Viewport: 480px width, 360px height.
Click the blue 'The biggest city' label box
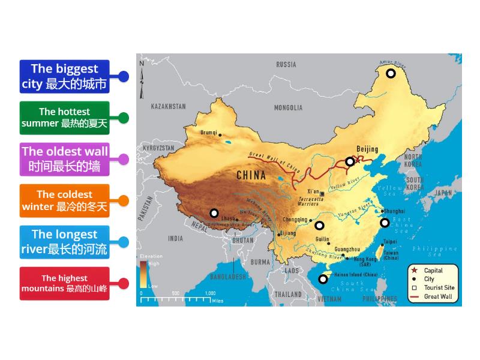tap(64, 76)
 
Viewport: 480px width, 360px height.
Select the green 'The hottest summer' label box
tap(64, 118)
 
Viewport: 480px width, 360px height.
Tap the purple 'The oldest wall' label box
tap(64, 159)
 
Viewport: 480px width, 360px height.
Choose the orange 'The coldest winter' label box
tap(64, 200)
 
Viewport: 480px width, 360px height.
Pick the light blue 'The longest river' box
tap(64, 242)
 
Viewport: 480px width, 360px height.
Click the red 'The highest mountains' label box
tap(64, 283)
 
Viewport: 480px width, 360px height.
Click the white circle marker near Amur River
tap(391, 73)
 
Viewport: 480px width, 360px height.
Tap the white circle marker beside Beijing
tap(350, 161)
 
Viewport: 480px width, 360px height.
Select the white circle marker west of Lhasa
tap(214, 212)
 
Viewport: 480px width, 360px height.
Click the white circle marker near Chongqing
tap(319, 226)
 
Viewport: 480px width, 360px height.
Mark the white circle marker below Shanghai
tap(385, 223)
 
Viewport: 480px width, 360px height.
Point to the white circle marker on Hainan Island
tap(323, 278)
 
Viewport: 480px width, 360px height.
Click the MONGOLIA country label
tap(288, 108)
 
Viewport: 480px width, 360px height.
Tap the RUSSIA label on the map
tap(286, 64)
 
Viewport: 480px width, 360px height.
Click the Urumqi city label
tap(208, 133)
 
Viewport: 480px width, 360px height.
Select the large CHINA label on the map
tap(251, 176)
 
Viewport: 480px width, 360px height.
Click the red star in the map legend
tap(414, 271)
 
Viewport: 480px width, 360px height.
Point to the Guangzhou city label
tap(347, 249)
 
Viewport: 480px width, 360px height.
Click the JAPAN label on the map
tap(443, 193)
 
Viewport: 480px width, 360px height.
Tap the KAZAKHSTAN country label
tap(168, 106)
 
